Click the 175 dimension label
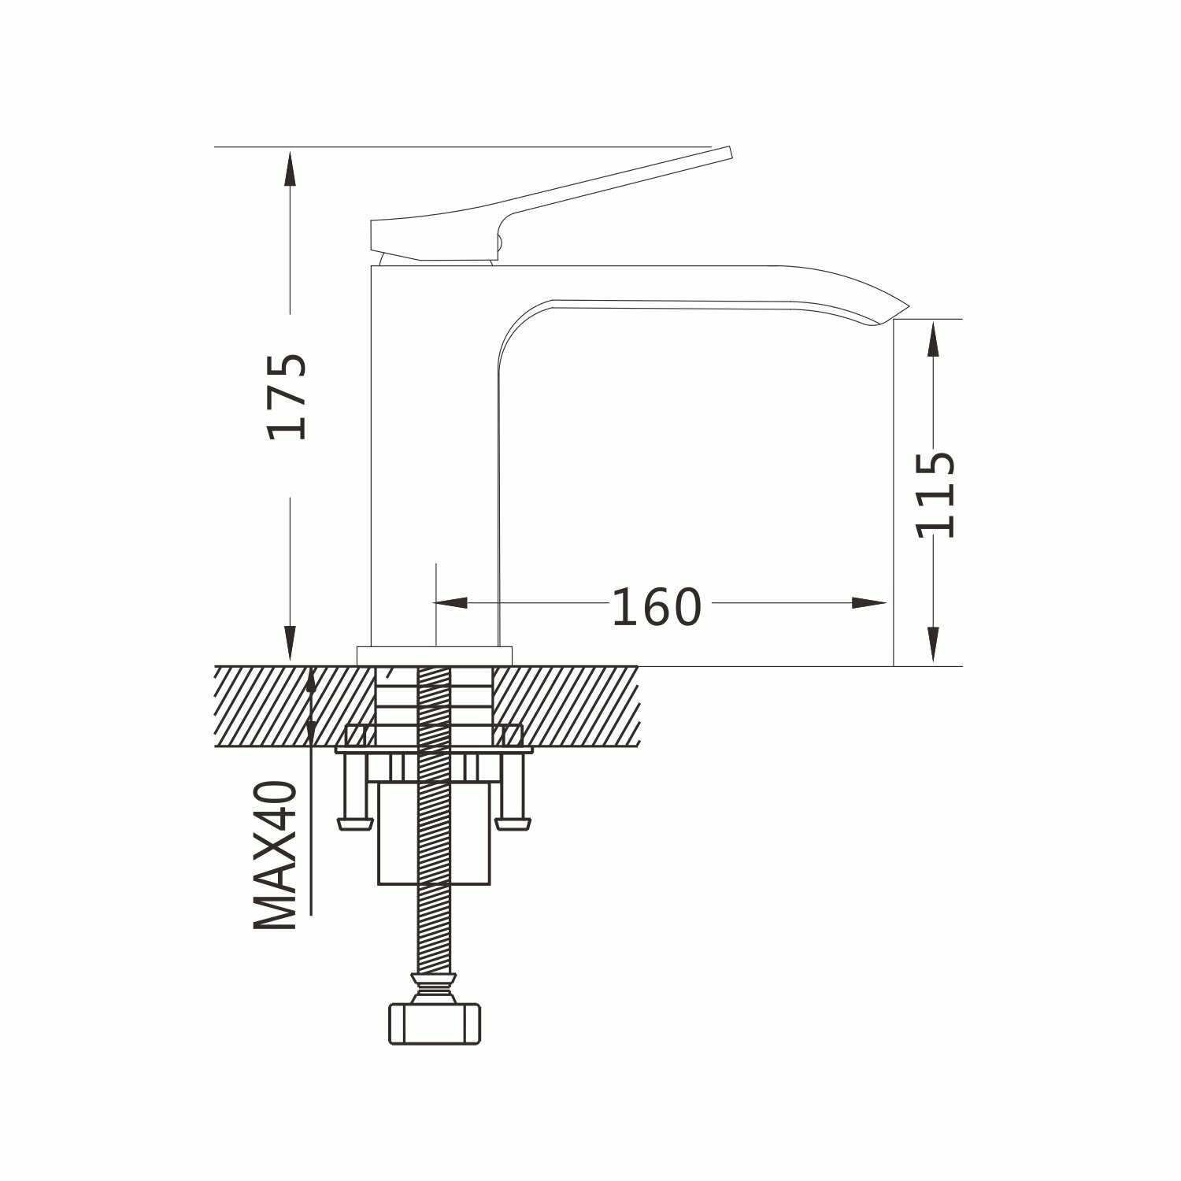(x=287, y=396)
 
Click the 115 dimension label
(x=935, y=494)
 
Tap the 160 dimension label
(x=656, y=607)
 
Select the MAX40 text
(x=276, y=855)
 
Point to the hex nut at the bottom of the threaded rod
(x=435, y=1023)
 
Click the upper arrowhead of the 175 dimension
(x=290, y=167)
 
